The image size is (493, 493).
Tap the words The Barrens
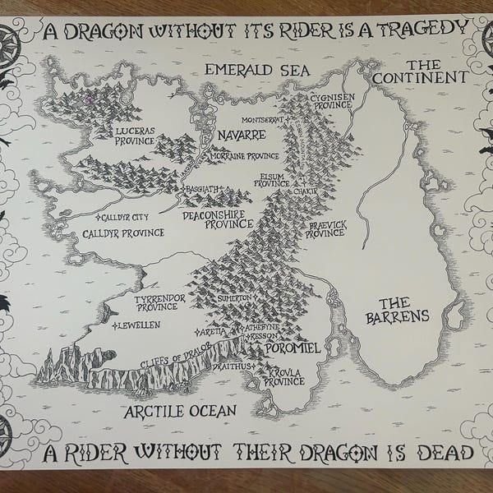(399, 309)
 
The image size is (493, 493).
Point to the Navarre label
(241, 134)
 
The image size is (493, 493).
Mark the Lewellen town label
(137, 325)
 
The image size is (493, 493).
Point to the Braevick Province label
(325, 228)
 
